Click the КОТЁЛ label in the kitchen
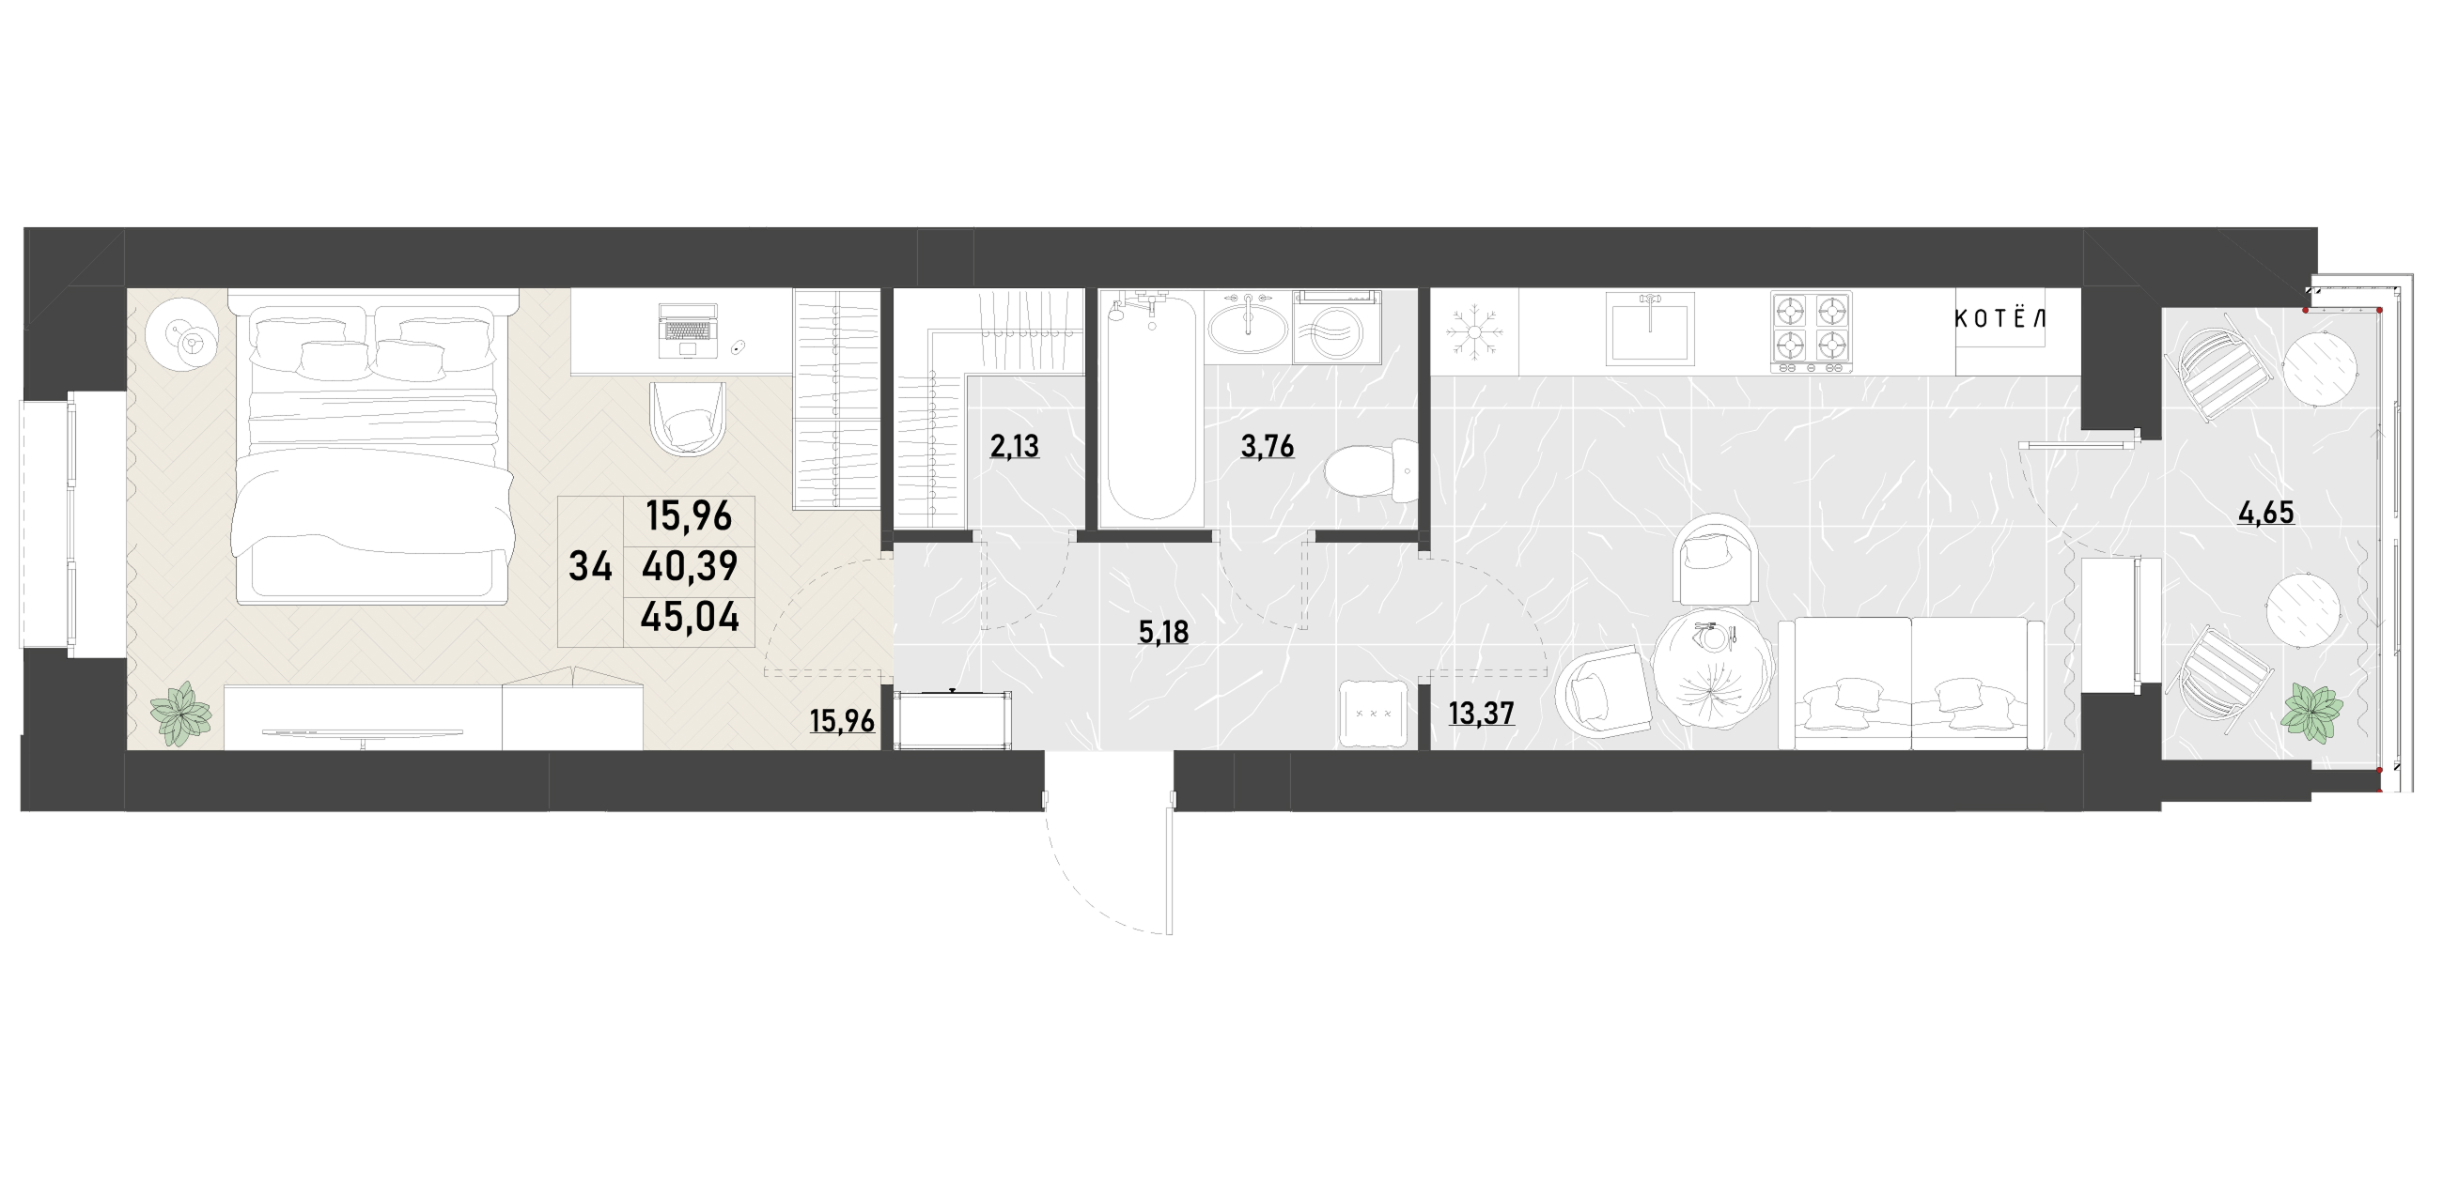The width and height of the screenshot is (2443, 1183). pyautogui.click(x=2000, y=318)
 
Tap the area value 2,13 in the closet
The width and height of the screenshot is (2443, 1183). pyautogui.click(x=1015, y=446)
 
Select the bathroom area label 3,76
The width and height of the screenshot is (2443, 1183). pyautogui.click(x=1268, y=446)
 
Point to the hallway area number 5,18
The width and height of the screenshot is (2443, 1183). pyautogui.click(x=1163, y=632)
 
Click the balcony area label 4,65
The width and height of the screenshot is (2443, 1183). pyautogui.click(x=2265, y=513)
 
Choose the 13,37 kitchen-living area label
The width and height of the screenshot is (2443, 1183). pyautogui.click(x=1482, y=713)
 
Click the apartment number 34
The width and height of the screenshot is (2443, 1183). pyautogui.click(x=590, y=567)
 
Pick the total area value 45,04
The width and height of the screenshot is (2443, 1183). pyautogui.click(x=690, y=618)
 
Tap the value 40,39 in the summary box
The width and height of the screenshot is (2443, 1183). pyautogui.click(x=690, y=567)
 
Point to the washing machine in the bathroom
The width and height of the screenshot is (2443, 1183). pyautogui.click(x=1337, y=328)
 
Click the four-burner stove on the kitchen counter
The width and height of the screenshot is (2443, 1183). pyautogui.click(x=1811, y=330)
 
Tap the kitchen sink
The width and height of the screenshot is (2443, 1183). pyautogui.click(x=1650, y=328)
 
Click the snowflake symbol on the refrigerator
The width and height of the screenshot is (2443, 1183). pyautogui.click(x=1473, y=331)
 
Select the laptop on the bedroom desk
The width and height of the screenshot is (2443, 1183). pyautogui.click(x=688, y=330)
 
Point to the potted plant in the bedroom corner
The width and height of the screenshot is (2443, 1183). pyautogui.click(x=180, y=714)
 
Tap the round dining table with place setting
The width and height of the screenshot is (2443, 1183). pyautogui.click(x=1713, y=669)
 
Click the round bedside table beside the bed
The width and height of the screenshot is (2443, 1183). pyautogui.click(x=183, y=334)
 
